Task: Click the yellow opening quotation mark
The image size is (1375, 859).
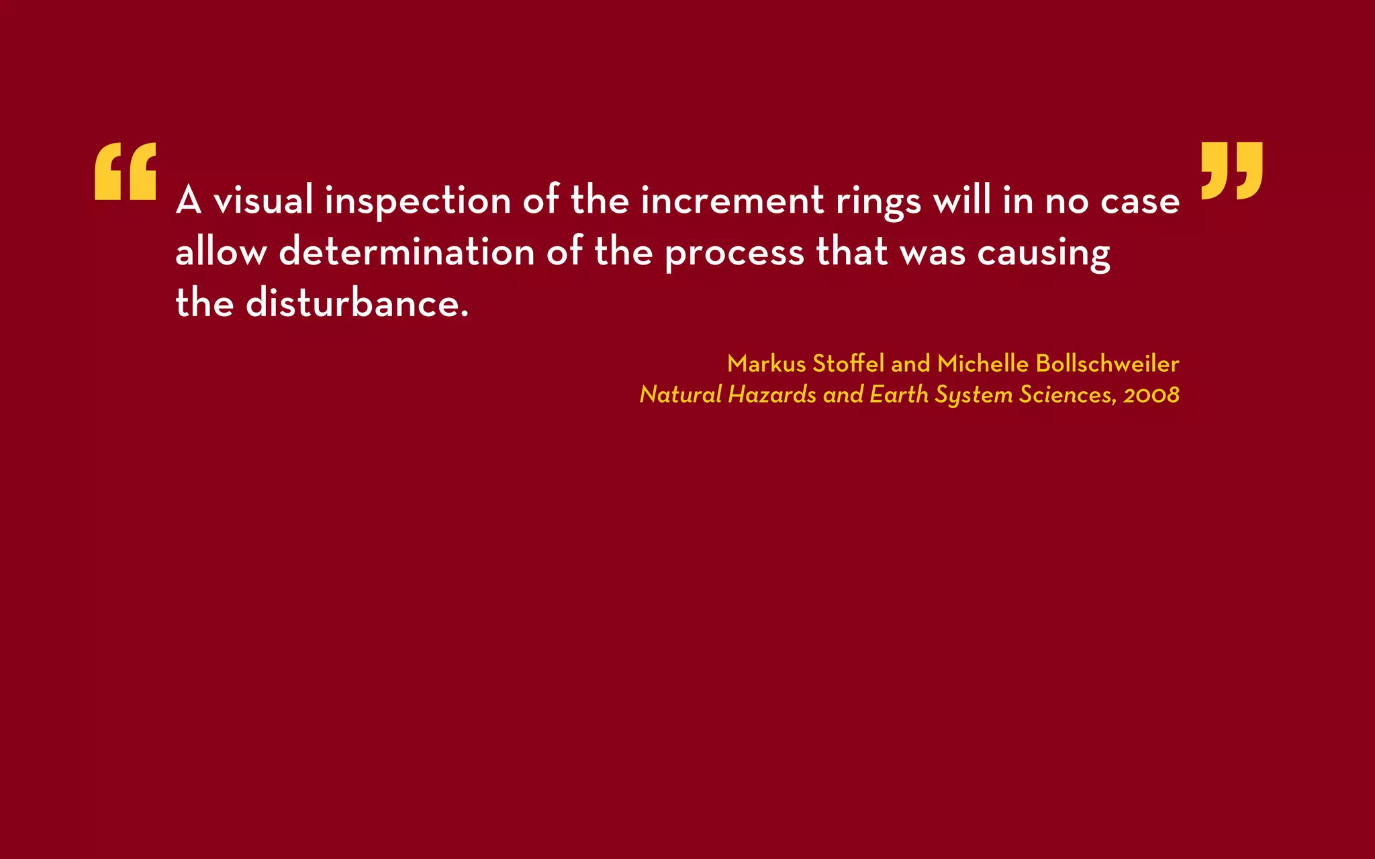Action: [126, 171]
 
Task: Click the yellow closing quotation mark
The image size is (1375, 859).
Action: [1231, 170]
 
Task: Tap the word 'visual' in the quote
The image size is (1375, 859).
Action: [263, 201]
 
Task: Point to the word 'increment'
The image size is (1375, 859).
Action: [732, 201]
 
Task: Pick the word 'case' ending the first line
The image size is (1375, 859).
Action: [1139, 201]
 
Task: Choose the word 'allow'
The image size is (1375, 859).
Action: [221, 252]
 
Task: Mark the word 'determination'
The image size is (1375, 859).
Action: [407, 252]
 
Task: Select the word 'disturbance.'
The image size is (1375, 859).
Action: [357, 303]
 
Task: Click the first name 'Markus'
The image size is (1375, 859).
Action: [766, 364]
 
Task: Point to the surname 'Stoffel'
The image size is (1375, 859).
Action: [849, 364]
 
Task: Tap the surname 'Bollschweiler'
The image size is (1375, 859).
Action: [1107, 364]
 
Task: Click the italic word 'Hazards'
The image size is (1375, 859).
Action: [771, 395]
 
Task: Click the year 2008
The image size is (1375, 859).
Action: [1151, 395]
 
